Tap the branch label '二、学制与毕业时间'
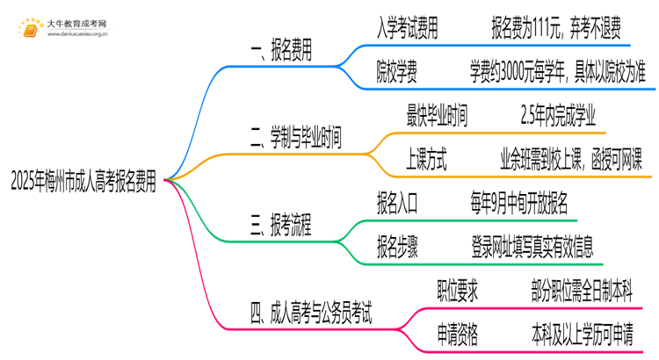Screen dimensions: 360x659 (x=296, y=137)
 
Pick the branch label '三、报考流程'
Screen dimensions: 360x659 (x=283, y=224)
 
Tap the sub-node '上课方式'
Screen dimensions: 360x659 (x=425, y=160)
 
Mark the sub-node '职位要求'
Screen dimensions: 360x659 (x=458, y=289)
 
